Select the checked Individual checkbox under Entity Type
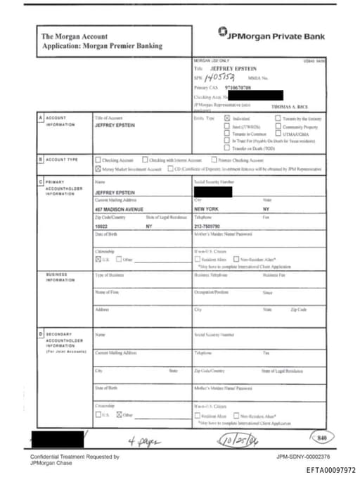[226, 119]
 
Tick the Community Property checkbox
[278, 126]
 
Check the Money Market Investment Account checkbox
[97, 170]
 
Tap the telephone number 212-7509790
[210, 227]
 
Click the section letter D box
[41, 333]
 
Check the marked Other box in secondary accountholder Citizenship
[119, 414]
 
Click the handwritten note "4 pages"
[143, 441]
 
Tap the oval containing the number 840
[322, 438]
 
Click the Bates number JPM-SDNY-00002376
[303, 457]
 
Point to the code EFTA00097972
[330, 469]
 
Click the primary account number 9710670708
[239, 88]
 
